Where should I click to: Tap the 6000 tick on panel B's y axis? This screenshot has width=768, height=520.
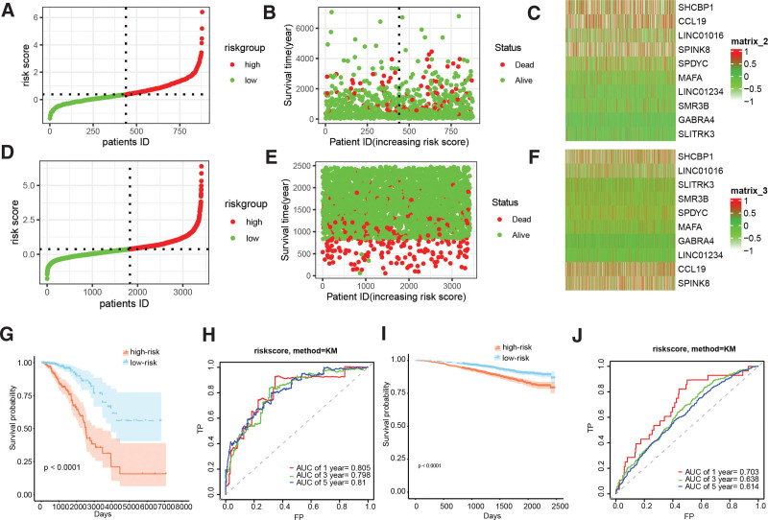[306, 28]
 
